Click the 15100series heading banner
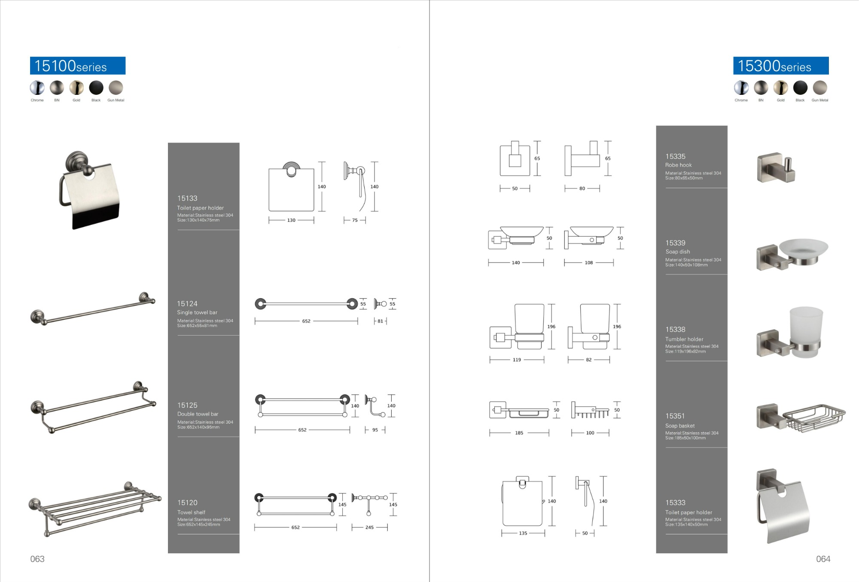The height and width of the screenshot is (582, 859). [78, 66]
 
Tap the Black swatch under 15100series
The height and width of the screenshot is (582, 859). [96, 88]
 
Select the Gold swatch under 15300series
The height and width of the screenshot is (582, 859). [780, 88]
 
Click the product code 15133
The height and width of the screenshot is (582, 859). [187, 198]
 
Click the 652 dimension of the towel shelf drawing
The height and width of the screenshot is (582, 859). [295, 527]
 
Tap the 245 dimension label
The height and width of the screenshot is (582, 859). [369, 527]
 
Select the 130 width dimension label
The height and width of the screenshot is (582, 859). [291, 220]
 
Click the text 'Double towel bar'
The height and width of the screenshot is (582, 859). [198, 414]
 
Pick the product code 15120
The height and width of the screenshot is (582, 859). [187, 503]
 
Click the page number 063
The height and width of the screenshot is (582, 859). [37, 559]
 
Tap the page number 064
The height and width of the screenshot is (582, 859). [823, 559]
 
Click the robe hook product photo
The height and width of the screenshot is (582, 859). [776, 167]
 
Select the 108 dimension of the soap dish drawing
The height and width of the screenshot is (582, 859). [588, 263]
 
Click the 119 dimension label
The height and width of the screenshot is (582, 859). [517, 360]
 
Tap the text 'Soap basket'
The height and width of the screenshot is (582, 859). [680, 426]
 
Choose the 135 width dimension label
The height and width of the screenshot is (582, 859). [523, 533]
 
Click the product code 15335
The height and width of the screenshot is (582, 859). [675, 157]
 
